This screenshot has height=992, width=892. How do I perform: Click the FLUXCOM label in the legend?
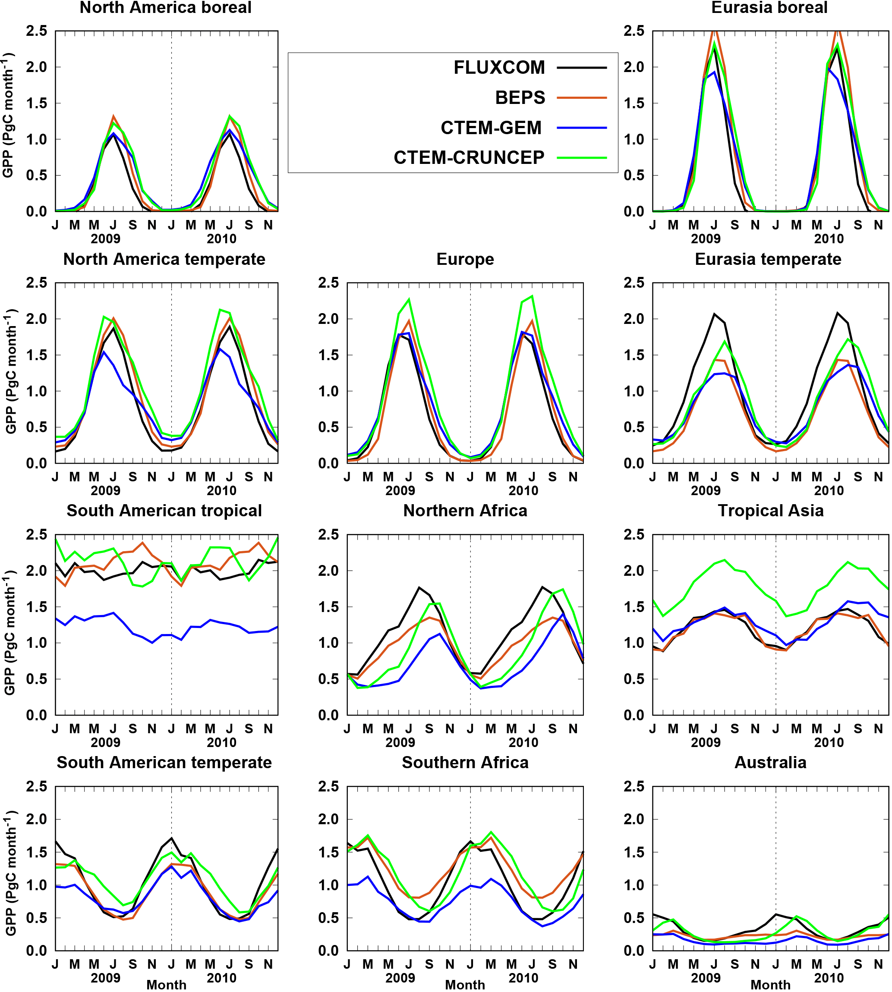point(499,68)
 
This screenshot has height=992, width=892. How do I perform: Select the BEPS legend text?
point(520,97)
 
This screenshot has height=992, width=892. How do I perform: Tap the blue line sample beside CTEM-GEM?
point(582,128)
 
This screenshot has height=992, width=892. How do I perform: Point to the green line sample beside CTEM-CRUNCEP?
point(582,158)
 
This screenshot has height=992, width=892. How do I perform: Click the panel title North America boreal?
point(166,8)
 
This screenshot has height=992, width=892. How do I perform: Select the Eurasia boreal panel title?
point(769,8)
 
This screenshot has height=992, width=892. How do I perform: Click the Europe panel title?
point(465,259)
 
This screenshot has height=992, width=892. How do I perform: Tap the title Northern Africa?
point(465,511)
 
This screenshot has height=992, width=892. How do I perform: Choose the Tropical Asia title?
point(770,511)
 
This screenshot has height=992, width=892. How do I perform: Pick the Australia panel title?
point(770,763)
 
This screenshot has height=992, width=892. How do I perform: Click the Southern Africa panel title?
point(465,763)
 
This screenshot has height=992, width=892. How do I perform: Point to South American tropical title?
point(164,511)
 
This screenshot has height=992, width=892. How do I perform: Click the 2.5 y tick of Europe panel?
point(328,283)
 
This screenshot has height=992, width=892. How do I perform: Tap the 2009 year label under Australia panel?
point(706,978)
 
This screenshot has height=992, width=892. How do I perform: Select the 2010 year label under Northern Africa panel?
point(523,743)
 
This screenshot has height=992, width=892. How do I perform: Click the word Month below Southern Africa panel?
point(465,985)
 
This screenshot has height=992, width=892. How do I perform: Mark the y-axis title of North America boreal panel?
point(9,115)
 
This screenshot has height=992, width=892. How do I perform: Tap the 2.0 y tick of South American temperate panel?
point(36,819)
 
